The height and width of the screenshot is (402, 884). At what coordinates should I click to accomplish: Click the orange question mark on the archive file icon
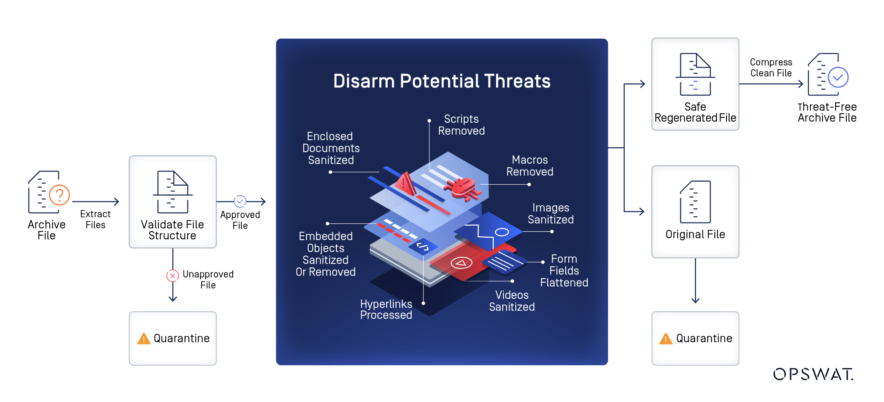pyautogui.click(x=60, y=195)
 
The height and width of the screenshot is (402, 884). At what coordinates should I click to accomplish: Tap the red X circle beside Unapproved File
pyautogui.click(x=172, y=276)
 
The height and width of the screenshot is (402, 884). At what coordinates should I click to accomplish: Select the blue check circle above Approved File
pyautogui.click(x=240, y=201)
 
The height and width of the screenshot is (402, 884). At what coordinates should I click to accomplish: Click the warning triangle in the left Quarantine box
pyautogui.click(x=144, y=339)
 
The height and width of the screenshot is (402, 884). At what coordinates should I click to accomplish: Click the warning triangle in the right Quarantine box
pyautogui.click(x=665, y=339)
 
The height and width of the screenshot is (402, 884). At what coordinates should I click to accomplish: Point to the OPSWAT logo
pyautogui.click(x=813, y=374)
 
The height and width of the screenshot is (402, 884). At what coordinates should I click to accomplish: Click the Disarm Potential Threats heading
pyautogui.click(x=442, y=81)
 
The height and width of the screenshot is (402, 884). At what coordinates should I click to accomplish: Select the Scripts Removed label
pyautogui.click(x=461, y=125)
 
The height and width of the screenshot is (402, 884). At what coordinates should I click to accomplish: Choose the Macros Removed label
pyautogui.click(x=530, y=166)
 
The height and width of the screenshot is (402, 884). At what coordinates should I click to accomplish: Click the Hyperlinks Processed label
pyautogui.click(x=386, y=309)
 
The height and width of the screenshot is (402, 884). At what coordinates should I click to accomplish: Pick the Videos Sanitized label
pyautogui.click(x=512, y=301)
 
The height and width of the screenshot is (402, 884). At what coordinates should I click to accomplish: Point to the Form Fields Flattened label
pyautogui.click(x=564, y=271)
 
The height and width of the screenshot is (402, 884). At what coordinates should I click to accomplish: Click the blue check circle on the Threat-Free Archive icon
pyautogui.click(x=838, y=77)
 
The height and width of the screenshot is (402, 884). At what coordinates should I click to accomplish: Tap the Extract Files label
pyautogui.click(x=95, y=219)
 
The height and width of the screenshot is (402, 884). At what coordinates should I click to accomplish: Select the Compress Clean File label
pyautogui.click(x=771, y=68)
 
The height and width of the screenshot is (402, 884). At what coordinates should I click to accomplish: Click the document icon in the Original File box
pyautogui.click(x=695, y=202)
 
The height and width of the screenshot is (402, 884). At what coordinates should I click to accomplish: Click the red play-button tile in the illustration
pyautogui.click(x=461, y=263)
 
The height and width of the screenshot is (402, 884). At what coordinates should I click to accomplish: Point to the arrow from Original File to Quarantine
pyautogui.click(x=695, y=280)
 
